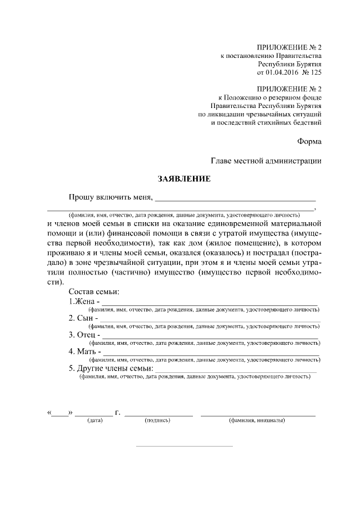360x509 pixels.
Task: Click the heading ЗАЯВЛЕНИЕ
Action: (183, 179)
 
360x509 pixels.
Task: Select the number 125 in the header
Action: (316, 73)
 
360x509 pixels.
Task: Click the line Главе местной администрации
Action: (266, 161)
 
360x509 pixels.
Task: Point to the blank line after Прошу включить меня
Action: (235, 200)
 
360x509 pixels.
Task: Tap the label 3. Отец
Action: (82, 335)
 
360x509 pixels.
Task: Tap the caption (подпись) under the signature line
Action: (157, 420)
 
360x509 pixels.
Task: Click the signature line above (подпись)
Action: (158, 415)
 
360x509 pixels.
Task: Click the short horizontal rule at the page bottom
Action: (184, 447)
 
